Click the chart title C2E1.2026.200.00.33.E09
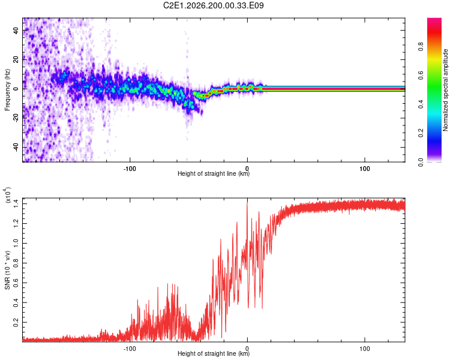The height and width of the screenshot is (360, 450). pos(213,5)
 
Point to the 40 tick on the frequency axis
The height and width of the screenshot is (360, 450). pos(16,30)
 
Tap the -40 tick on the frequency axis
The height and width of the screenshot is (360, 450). pos(16,148)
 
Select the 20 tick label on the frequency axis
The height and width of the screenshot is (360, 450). pos(16,60)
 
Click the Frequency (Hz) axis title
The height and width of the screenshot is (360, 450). pos(7,90)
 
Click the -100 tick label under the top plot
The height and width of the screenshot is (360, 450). pos(130,169)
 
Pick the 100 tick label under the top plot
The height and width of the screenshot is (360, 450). pos(364,169)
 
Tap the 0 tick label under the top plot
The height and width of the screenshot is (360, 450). pos(247,169)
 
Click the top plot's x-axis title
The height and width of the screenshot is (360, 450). pos(214,173)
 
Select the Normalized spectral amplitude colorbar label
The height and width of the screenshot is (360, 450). pos(445,90)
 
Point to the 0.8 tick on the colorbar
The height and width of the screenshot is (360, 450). pos(421,47)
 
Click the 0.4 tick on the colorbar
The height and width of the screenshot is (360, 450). pos(421,104)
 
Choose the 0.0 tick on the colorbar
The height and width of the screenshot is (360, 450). pos(421,162)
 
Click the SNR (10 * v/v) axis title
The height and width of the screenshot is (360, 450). pos(7,270)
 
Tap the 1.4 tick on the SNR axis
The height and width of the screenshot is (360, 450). pos(16,203)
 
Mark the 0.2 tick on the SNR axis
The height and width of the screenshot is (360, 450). pos(16,322)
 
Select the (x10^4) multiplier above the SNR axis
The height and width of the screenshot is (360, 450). pos(8,195)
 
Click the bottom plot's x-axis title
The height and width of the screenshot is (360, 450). pos(214,353)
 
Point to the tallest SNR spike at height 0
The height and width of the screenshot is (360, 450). pos(247,203)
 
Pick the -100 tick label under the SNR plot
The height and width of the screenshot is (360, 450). pos(130,349)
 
